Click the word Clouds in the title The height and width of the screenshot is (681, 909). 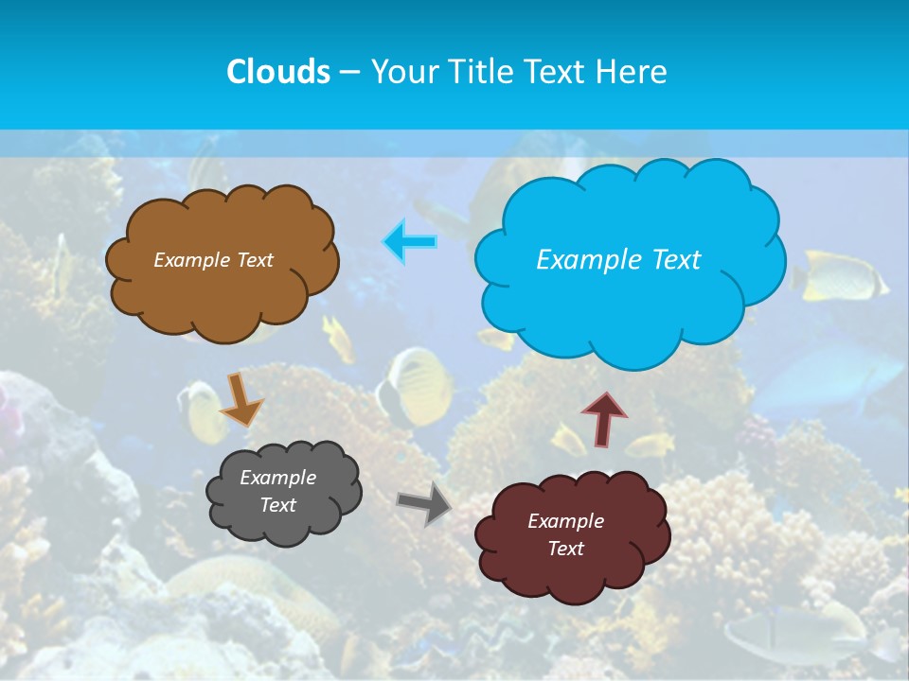[278, 72]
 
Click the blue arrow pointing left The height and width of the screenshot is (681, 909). [410, 242]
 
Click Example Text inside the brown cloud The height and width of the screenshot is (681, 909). [213, 260]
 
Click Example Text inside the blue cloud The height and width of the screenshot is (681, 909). [618, 260]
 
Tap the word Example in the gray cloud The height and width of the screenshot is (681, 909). [277, 478]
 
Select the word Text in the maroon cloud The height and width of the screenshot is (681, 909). [565, 549]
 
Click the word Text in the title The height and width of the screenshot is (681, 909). [561, 72]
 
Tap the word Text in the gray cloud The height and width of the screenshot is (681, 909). [277, 505]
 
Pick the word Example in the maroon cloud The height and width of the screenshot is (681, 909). [565, 521]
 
